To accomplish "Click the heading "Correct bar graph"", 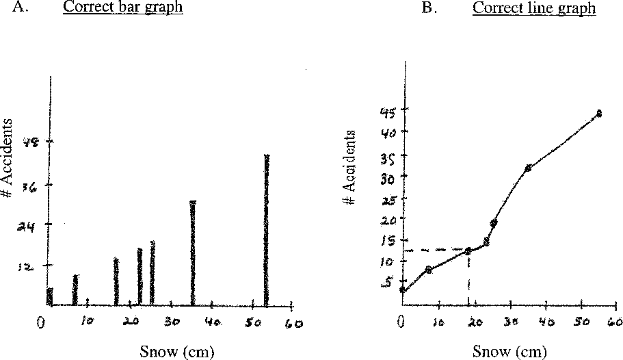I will [122, 9].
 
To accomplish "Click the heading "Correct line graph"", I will [533, 9].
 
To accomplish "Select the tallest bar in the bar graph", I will [267, 229].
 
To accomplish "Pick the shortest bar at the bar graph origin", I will [49, 296].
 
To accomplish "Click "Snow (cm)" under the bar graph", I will [176, 352].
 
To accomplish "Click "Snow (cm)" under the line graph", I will [509, 352].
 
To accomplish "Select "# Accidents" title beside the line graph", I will [349, 166].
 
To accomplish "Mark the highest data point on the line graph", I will [598, 114].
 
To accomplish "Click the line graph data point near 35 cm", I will [528, 168].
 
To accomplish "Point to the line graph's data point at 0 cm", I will [403, 290].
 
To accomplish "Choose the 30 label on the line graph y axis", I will [388, 176].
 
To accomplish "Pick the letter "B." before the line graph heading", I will [429, 9].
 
